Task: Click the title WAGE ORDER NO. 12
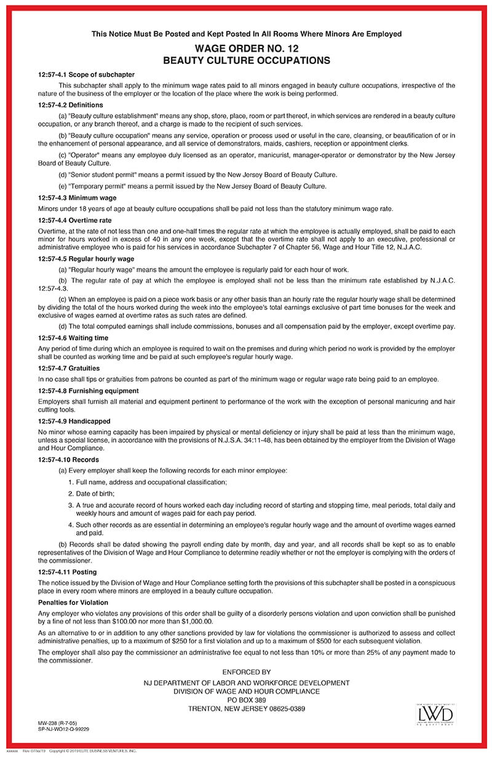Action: tap(246, 49)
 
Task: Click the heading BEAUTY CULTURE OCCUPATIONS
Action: tap(246, 60)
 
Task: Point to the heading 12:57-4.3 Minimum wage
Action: tap(77, 197)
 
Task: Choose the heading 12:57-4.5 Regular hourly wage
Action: tap(86, 258)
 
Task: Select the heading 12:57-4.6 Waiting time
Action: tap(73, 338)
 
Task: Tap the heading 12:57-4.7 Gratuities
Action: tap(69, 368)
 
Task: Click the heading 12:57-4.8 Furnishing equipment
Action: tap(89, 390)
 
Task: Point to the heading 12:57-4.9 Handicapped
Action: tap(74, 421)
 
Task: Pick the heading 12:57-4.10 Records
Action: tap(68, 459)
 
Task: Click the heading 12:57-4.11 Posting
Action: tap(68, 572)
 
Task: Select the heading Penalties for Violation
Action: tap(73, 602)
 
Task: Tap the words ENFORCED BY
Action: tap(246, 672)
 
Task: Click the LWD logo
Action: tap(435, 714)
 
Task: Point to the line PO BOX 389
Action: tap(246, 700)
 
